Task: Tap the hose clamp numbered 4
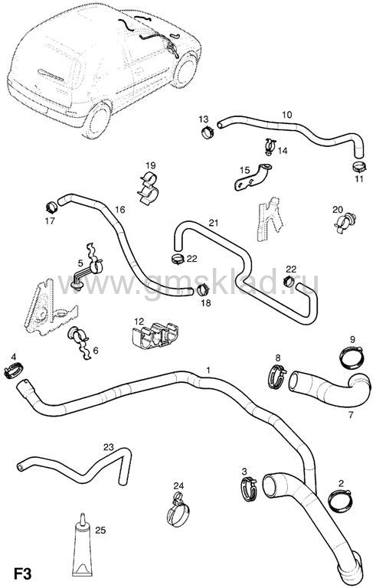13,370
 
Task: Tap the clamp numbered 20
345,222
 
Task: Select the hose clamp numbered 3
249,489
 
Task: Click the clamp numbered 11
359,165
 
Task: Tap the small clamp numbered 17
51,206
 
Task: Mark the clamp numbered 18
203,290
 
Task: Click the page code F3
22,574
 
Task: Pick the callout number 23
109,447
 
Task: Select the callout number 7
351,415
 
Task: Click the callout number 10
286,115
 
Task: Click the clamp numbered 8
277,377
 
